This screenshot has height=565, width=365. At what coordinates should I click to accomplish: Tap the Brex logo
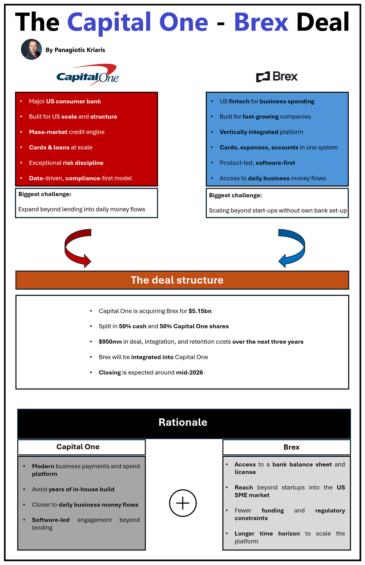277,77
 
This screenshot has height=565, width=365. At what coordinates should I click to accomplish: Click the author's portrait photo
31,49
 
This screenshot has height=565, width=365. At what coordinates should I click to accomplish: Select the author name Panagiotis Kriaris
75,50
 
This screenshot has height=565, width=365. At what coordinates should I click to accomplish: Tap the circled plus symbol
183,503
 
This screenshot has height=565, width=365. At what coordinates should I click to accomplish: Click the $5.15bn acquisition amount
200,311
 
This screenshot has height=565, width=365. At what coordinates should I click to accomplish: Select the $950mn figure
110,342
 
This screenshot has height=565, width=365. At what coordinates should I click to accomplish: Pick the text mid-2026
189,372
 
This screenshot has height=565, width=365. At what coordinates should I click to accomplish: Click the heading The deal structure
177,280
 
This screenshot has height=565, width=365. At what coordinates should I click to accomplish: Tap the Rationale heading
183,422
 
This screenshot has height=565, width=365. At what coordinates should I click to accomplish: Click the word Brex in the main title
261,23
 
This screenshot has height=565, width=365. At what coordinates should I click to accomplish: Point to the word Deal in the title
323,23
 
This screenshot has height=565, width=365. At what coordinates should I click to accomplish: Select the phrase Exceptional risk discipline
66,163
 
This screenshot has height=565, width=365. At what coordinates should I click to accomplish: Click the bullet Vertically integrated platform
261,132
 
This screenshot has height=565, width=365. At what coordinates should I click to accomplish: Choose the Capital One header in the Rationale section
78,447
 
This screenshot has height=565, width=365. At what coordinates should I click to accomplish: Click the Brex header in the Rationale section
291,447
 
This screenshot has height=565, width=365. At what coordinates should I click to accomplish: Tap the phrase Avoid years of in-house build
73,489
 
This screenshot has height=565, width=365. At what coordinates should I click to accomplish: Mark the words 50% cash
133,326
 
